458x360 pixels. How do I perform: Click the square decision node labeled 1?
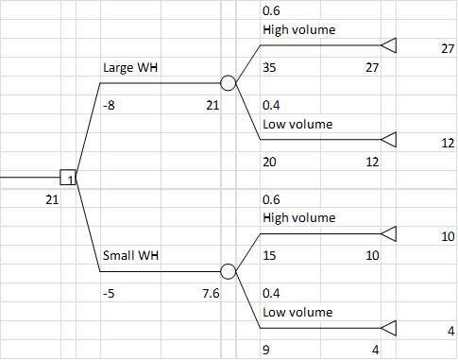68,177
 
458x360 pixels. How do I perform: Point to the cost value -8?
109,106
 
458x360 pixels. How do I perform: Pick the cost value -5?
109,293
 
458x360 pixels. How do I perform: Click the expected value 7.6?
211,293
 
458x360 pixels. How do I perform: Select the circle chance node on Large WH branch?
228,83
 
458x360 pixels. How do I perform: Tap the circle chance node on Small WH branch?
228,271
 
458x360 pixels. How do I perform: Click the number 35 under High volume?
269,68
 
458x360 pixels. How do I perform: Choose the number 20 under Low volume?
269,162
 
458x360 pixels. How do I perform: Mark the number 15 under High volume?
269,255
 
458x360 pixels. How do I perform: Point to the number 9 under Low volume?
266,350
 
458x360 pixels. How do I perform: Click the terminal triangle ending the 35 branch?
389,45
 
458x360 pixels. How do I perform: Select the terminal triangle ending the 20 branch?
389,140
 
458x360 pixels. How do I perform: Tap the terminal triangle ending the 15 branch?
389,233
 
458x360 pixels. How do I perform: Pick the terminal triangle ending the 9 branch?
389,328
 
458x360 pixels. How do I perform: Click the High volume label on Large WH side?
298,30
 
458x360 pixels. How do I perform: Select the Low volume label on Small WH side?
297,312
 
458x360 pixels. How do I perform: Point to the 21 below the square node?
52,199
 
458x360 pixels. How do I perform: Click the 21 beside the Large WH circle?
212,106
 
